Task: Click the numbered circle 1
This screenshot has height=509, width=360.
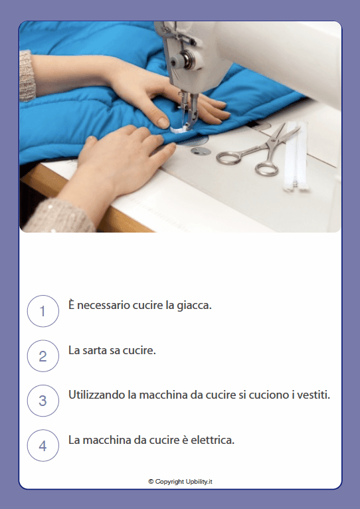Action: coord(43,311)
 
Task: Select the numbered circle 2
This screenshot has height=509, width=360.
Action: coord(43,356)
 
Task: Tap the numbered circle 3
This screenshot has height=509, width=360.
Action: coord(43,401)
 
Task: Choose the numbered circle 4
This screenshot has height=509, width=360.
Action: coord(43,446)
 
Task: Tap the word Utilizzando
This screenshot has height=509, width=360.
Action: coord(98,395)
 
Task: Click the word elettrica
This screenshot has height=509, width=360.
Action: coord(211,440)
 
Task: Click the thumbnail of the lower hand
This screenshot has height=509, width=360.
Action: coord(162,122)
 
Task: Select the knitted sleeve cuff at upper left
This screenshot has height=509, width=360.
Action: coord(26,76)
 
